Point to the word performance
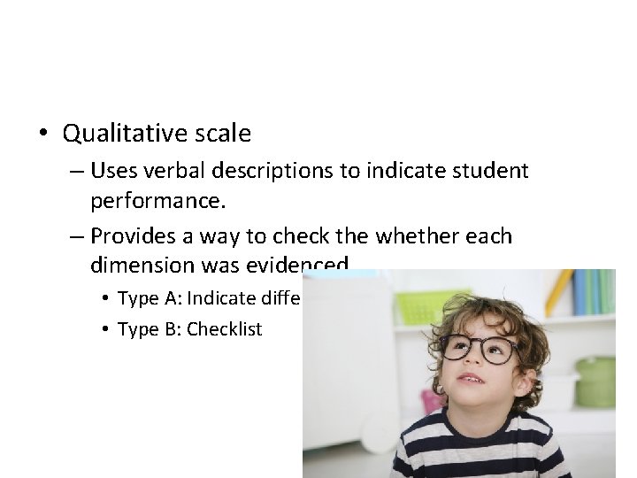(157, 201)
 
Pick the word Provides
(134, 235)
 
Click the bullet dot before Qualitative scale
(42, 134)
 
